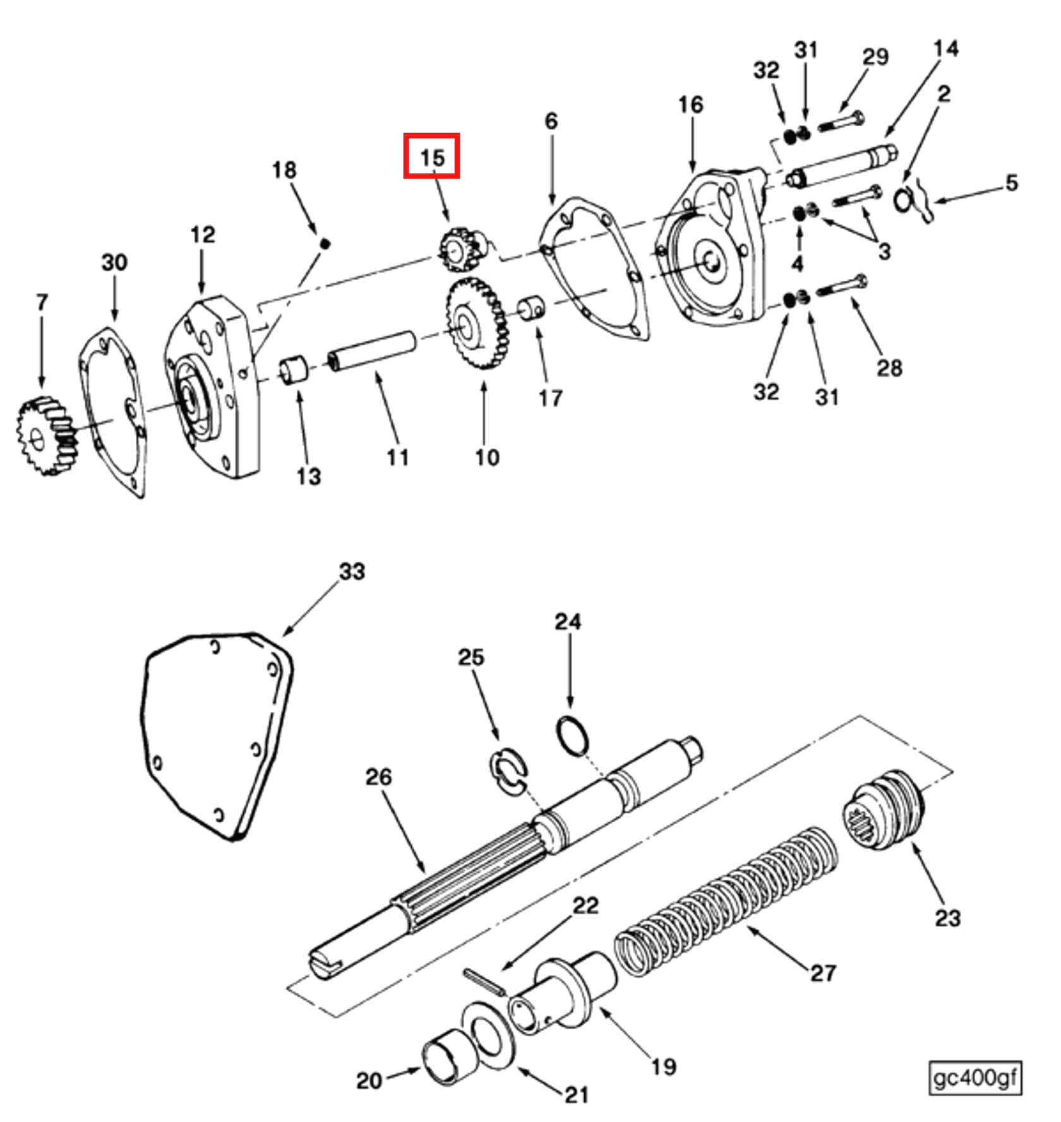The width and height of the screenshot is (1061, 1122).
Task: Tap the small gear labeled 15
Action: click(x=457, y=249)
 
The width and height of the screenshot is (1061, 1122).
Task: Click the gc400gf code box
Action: click(x=974, y=1078)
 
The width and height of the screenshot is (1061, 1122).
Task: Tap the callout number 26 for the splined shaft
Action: click(x=378, y=777)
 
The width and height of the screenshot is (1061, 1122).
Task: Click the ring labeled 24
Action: click(x=573, y=735)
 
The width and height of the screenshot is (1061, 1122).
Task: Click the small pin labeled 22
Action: click(x=484, y=982)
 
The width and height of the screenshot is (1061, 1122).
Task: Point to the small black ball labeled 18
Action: click(x=325, y=243)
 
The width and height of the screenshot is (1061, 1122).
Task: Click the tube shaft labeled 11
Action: click(x=372, y=351)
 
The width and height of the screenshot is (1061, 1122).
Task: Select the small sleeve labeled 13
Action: click(x=294, y=370)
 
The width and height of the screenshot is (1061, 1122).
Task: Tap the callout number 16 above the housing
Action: click(x=690, y=105)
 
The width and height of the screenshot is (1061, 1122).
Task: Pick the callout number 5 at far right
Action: click(x=1012, y=183)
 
